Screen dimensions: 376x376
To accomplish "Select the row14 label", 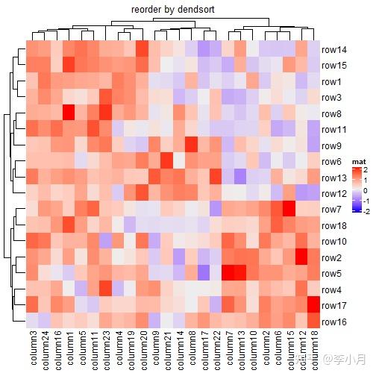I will click(334, 50).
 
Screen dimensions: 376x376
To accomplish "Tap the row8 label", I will click(332, 113).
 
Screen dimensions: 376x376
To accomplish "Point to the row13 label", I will click(334, 178).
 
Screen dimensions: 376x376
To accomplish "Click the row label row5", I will click(332, 273).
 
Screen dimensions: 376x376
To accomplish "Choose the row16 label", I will click(334, 321).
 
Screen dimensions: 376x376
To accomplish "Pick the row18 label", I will click(334, 225).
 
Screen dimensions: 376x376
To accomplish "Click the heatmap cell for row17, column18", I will click(313, 305).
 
